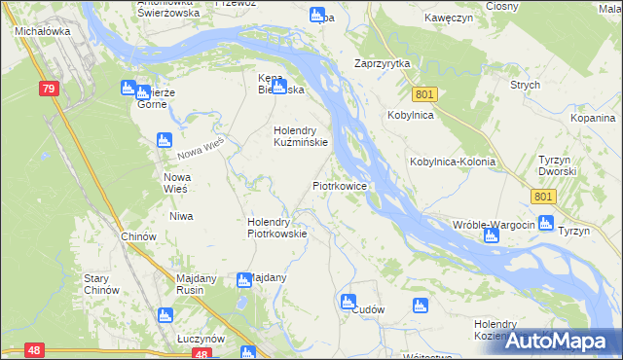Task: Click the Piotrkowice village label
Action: coord(339,184)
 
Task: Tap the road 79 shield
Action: coord(49,89)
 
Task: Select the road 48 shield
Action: coord(34,349)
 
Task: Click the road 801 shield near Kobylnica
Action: coord(424,94)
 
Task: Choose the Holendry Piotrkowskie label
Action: coord(277,227)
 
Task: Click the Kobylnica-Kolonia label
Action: coord(453,162)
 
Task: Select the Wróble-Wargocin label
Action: coord(494,225)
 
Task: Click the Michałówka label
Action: coord(40,31)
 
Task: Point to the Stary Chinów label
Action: coord(100,283)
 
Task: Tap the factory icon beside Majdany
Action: coord(244,280)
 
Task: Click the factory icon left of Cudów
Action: coord(348,303)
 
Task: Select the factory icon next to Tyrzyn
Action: coord(545,222)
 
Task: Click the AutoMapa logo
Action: coord(564,341)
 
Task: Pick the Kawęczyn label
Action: coord(449,18)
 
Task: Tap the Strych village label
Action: coord(525,85)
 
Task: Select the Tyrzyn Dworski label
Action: coord(558,164)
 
